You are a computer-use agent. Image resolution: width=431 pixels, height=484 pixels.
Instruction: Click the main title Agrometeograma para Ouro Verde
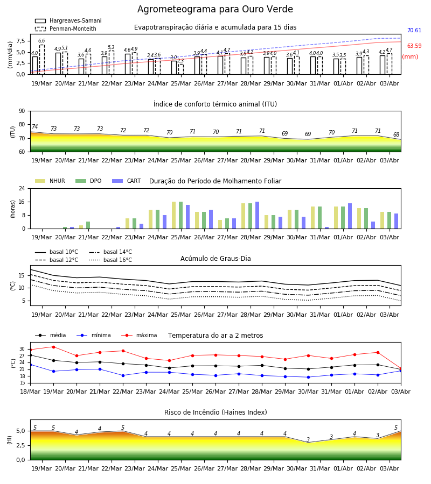pos(215,9)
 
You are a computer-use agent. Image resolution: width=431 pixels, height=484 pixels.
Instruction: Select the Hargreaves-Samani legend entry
pos(68,20)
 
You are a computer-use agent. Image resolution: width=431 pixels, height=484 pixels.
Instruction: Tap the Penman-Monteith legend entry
pos(66,29)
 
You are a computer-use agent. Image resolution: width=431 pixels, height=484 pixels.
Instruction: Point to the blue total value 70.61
pos(414,30)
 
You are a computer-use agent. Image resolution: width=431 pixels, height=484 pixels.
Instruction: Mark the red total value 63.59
pos(414,46)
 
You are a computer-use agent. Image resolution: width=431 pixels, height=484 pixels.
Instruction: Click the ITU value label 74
pos(34,126)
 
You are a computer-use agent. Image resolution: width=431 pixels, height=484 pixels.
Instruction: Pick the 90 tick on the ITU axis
pos(22,111)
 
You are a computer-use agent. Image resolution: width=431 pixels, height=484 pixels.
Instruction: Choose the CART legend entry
pos(127,181)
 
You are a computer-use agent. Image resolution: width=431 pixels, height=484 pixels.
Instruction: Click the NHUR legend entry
pos(50,181)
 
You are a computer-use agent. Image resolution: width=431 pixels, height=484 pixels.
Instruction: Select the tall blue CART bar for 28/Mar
pos(257,215)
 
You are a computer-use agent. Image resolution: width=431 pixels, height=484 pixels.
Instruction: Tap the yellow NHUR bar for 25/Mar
pos(174,215)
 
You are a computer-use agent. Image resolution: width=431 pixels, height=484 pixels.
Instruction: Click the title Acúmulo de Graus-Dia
pos(215,259)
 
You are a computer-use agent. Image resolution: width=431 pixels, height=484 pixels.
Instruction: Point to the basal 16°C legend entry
pos(110,260)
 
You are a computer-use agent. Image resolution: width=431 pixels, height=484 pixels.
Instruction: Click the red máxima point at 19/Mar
pos(53,347)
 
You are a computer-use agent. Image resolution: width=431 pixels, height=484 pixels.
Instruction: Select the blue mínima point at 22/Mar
pos(123,376)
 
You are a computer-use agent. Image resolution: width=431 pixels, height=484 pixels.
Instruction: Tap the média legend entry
pos(51,335)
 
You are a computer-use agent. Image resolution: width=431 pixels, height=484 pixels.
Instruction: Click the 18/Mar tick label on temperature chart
pos(30,392)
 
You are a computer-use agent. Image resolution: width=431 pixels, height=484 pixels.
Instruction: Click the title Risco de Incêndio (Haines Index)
pos(215,412)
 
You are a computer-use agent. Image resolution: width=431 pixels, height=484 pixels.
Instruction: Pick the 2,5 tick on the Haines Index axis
pos(20,445)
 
